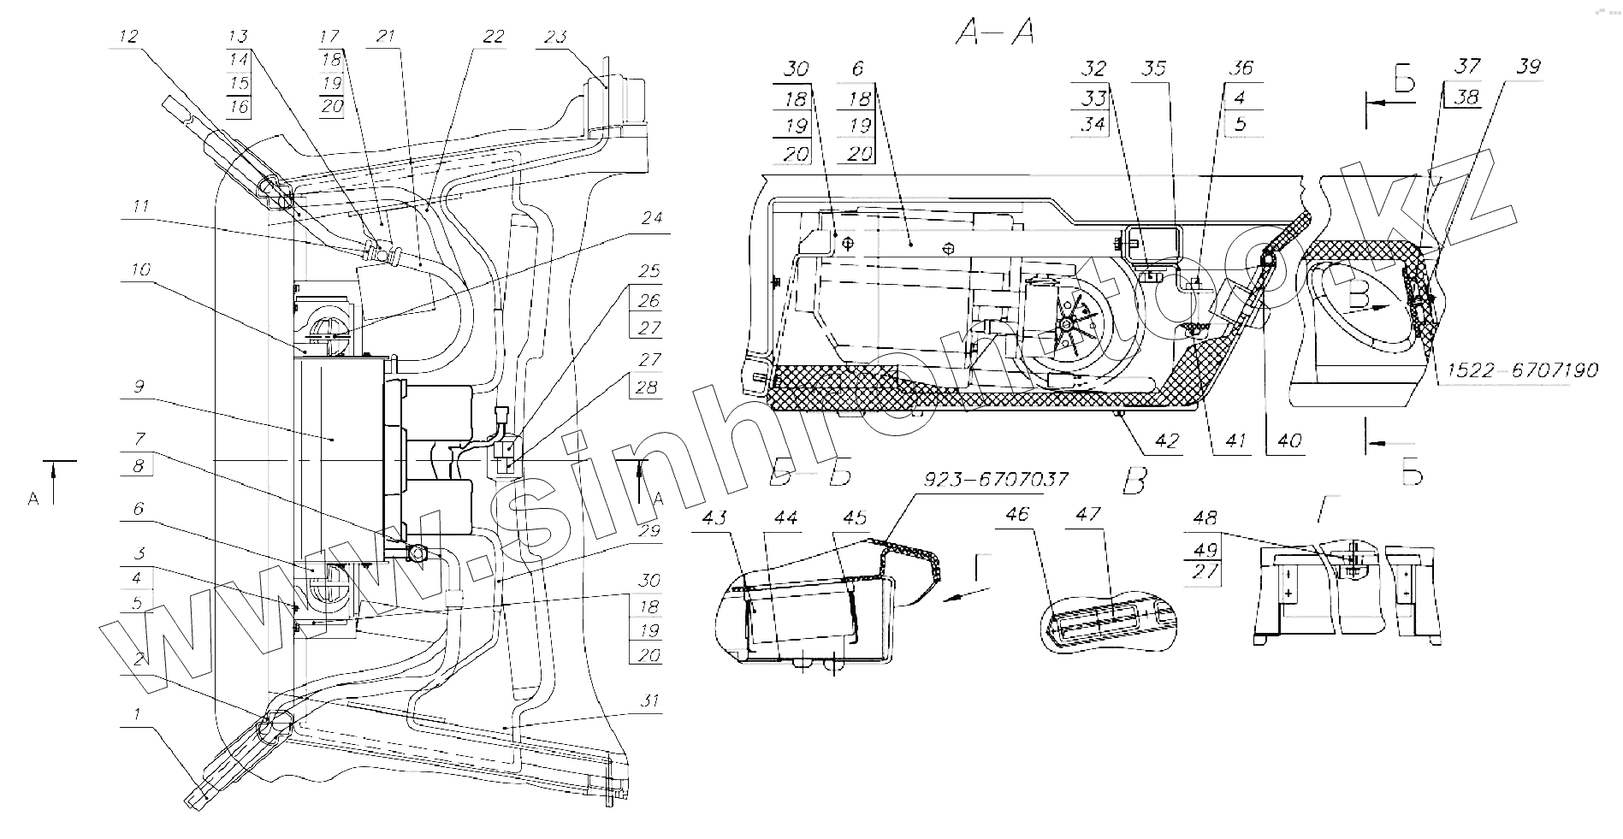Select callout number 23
(x=554, y=38)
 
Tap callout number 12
(x=128, y=36)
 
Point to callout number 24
(x=652, y=218)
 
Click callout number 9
(x=138, y=387)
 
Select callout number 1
(x=138, y=712)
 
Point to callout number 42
(x=1166, y=441)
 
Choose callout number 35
(x=1154, y=68)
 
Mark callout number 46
(x=1017, y=514)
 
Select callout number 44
(x=785, y=517)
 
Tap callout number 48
(x=1204, y=518)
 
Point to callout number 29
(x=650, y=531)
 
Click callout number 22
(x=494, y=38)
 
